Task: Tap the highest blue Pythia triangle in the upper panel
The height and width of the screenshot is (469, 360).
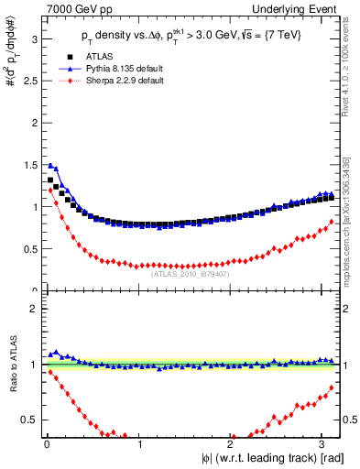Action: (x=49, y=166)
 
